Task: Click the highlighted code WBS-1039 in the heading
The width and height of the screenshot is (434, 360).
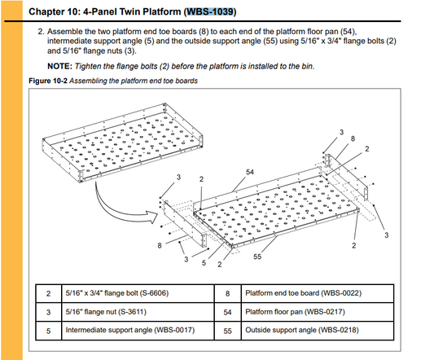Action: (x=211, y=11)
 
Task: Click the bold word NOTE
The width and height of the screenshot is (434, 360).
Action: (x=59, y=66)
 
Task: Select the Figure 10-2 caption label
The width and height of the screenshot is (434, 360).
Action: (x=48, y=81)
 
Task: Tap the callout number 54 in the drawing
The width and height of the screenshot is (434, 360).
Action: (x=250, y=172)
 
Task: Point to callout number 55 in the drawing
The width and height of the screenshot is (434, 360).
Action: (x=257, y=257)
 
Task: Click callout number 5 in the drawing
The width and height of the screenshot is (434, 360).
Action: (x=204, y=263)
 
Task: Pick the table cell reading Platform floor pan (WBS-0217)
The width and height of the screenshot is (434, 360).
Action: (x=318, y=312)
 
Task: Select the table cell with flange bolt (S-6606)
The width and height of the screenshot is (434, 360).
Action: (x=138, y=293)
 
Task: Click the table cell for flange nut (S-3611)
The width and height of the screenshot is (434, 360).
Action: (x=138, y=312)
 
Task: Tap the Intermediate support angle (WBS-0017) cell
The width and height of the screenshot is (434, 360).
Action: (x=138, y=331)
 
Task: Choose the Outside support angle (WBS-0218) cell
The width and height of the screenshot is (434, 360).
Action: (x=318, y=331)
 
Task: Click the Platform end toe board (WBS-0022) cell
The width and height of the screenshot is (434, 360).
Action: (x=318, y=293)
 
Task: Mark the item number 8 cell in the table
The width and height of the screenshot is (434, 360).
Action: (x=227, y=293)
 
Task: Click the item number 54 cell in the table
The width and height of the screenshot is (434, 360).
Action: (x=227, y=313)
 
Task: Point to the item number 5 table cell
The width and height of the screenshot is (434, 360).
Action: (x=48, y=331)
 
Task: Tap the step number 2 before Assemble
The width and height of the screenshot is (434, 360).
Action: (x=41, y=32)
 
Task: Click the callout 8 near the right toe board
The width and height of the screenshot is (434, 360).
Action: (x=353, y=138)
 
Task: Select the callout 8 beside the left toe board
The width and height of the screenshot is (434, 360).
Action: (x=160, y=245)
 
